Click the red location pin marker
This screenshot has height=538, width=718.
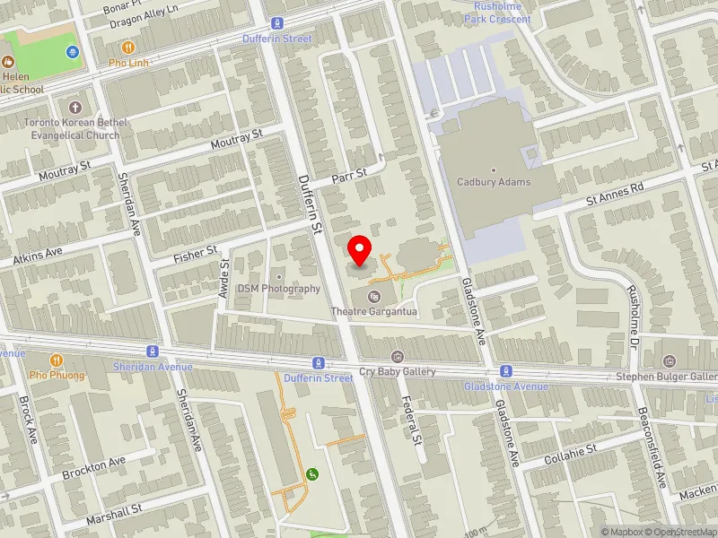(x=360, y=251)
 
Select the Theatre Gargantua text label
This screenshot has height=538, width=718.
(x=374, y=311)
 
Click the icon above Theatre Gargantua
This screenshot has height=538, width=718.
(x=374, y=296)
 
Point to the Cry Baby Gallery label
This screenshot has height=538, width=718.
(x=397, y=371)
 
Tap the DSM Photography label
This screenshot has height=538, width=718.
(x=278, y=289)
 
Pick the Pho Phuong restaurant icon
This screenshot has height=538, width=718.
(x=56, y=360)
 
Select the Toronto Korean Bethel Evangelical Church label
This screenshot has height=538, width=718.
(x=72, y=128)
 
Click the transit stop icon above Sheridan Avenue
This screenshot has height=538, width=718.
(x=153, y=351)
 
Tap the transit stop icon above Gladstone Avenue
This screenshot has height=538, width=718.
(x=506, y=370)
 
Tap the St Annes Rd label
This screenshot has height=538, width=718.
(x=615, y=190)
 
